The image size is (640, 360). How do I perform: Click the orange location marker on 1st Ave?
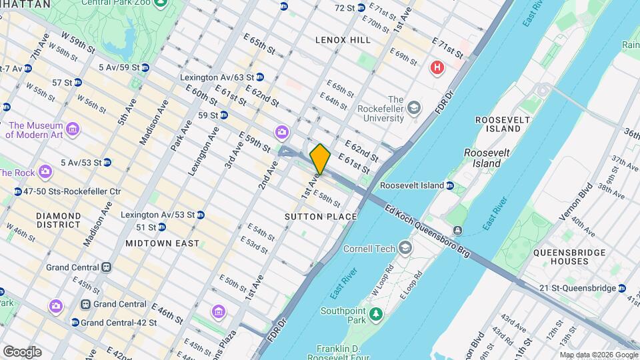(x=320, y=159)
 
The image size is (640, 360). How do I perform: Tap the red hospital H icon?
(x=437, y=67)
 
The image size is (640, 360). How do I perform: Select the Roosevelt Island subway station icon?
(x=450, y=185)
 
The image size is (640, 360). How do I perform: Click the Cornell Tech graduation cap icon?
(x=405, y=249)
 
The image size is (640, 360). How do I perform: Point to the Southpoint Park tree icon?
(x=375, y=313)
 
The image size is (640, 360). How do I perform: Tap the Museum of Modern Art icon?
(x=73, y=128)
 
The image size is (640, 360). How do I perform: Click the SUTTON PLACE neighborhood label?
(x=321, y=217)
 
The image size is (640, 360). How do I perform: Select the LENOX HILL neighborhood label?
(x=343, y=40)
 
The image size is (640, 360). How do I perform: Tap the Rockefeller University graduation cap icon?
(x=414, y=107)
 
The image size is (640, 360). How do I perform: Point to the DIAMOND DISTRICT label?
(x=58, y=221)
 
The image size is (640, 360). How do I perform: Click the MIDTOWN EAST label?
(x=162, y=243)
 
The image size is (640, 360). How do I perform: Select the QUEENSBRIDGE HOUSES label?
(x=569, y=257)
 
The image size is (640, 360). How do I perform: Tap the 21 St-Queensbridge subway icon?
(x=622, y=288)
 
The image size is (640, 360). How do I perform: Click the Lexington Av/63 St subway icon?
(x=259, y=77)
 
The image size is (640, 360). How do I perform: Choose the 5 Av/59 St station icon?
(x=145, y=67)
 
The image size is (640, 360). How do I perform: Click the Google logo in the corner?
(x=22, y=352)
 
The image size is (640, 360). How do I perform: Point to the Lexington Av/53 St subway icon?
(x=200, y=215)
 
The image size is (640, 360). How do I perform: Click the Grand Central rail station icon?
(x=106, y=267)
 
